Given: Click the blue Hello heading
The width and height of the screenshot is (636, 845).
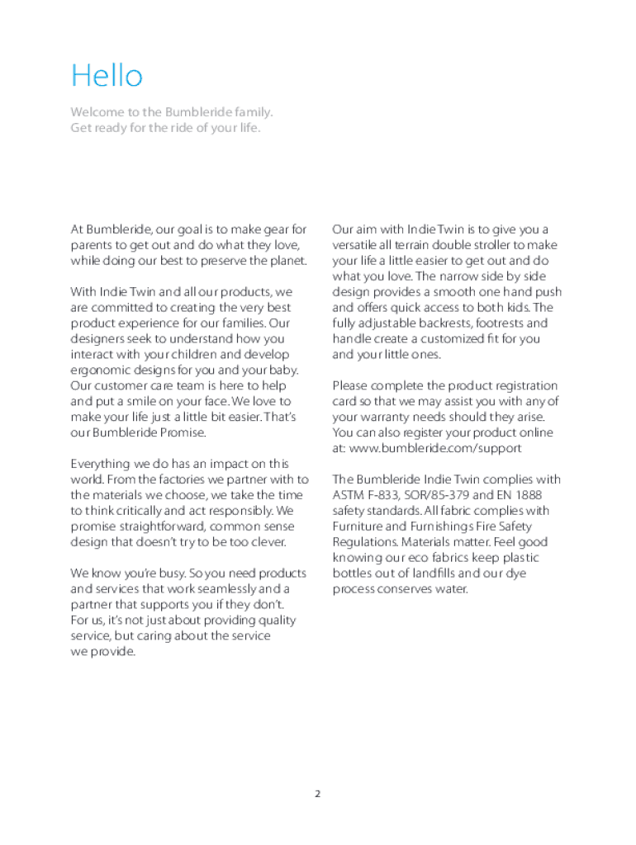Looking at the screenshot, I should tap(107, 76).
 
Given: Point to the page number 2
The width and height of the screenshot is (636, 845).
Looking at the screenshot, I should tap(317, 794).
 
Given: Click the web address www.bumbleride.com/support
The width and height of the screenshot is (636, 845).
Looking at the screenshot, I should tap(435, 448).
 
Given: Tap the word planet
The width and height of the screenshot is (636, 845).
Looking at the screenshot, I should tap(287, 261).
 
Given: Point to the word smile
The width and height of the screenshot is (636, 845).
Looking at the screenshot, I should tap(146, 401).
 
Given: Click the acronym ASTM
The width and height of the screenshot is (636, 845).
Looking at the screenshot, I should tap(348, 495).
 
